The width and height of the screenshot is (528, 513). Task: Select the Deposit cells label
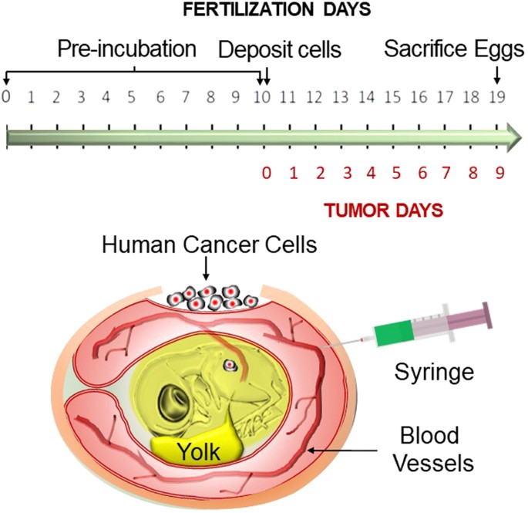(x=279, y=50)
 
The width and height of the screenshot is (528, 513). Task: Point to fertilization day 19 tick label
(x=497, y=98)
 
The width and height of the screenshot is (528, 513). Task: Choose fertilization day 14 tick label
(x=368, y=98)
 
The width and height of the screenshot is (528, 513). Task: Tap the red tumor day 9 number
(x=499, y=173)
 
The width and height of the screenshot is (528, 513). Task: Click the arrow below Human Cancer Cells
(x=206, y=269)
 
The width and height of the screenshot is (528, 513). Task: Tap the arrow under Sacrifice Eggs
(x=497, y=74)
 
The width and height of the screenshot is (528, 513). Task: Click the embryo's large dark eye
(x=166, y=400)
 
